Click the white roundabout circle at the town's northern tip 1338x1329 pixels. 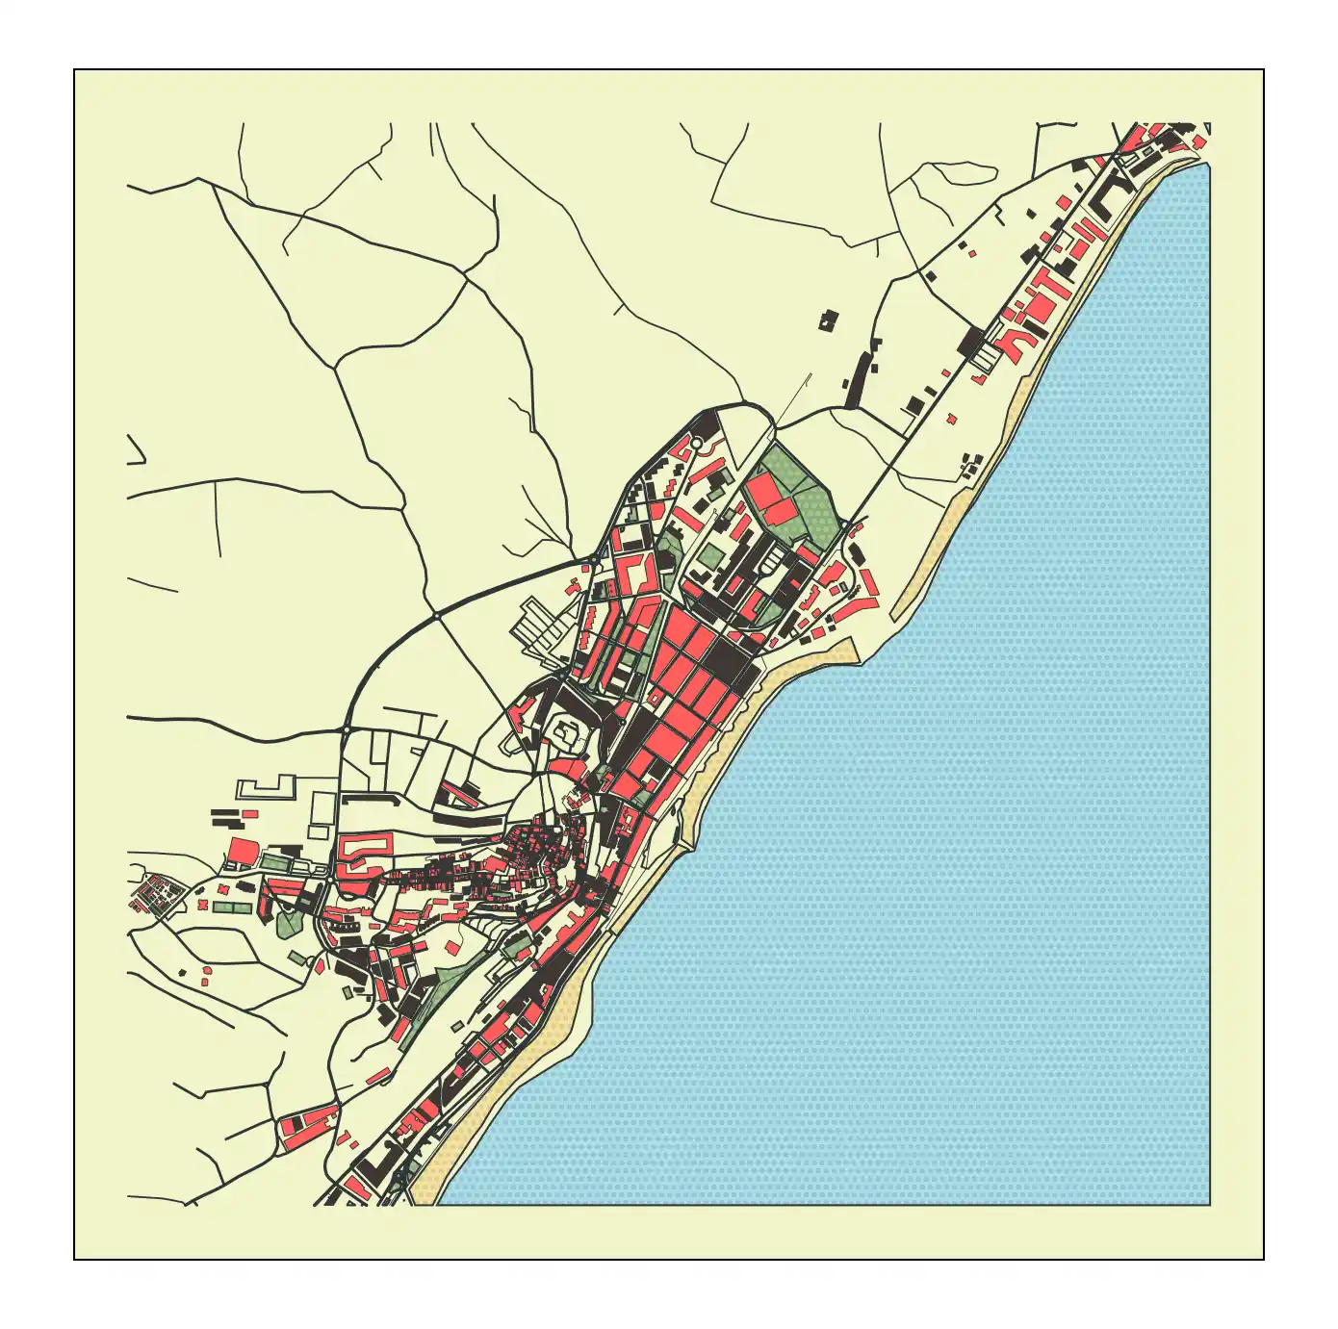696,443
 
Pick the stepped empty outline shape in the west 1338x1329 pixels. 266,788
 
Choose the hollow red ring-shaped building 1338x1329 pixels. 363,851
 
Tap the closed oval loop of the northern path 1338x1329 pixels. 953,174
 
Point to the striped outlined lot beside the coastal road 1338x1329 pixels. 985,358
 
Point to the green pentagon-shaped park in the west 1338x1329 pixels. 288,924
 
